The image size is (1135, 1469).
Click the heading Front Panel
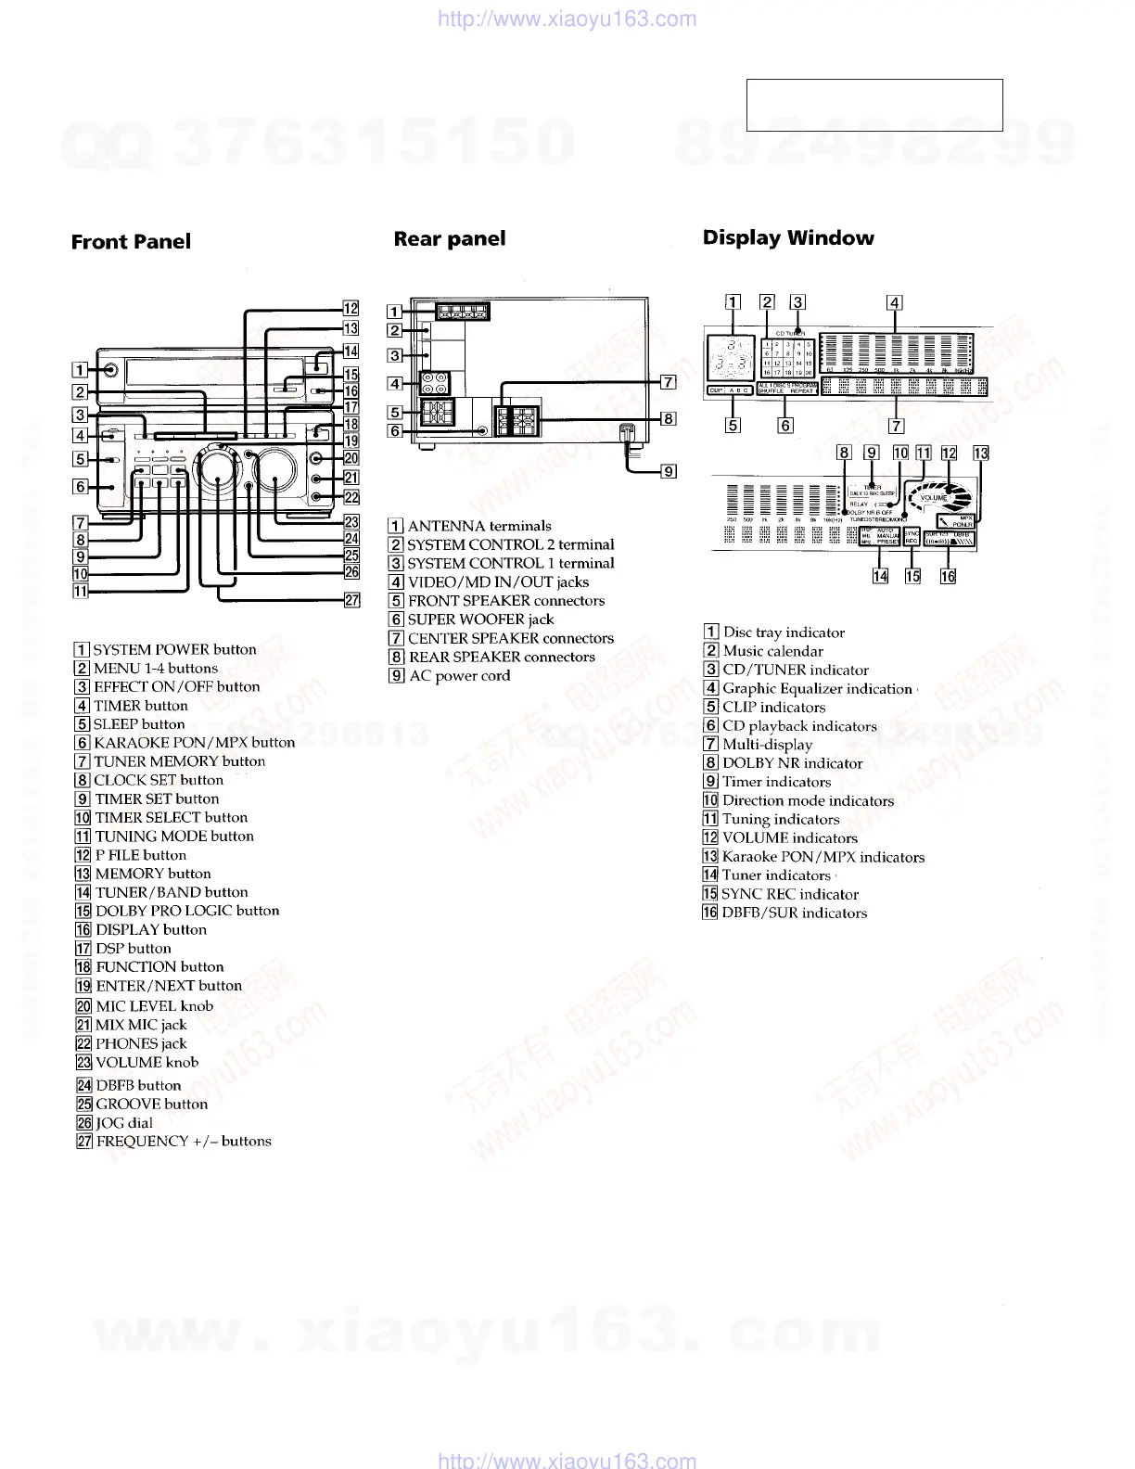click(x=131, y=242)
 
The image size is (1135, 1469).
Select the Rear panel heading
click(x=450, y=239)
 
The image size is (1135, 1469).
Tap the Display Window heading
click(x=788, y=237)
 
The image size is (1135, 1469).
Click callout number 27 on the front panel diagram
click(x=352, y=600)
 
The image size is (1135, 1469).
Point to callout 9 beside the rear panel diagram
click(x=668, y=471)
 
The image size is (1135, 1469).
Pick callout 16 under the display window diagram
click(x=948, y=576)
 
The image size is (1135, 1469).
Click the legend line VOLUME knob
click(x=147, y=1063)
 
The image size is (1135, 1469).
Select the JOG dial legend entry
click(x=124, y=1123)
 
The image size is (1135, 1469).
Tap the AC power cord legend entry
click(x=459, y=676)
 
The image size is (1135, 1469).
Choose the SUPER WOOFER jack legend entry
click(x=480, y=620)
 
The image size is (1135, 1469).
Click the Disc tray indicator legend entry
click(x=784, y=632)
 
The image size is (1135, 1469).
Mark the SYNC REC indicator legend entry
click(x=789, y=894)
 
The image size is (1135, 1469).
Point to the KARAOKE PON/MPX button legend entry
click(x=194, y=743)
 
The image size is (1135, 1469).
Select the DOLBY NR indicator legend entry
click(x=792, y=763)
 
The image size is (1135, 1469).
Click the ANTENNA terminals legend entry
click(x=479, y=526)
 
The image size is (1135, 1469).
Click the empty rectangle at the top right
click(x=874, y=105)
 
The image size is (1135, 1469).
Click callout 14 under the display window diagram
click(x=880, y=576)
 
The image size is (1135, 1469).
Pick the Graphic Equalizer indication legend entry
click(x=817, y=688)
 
